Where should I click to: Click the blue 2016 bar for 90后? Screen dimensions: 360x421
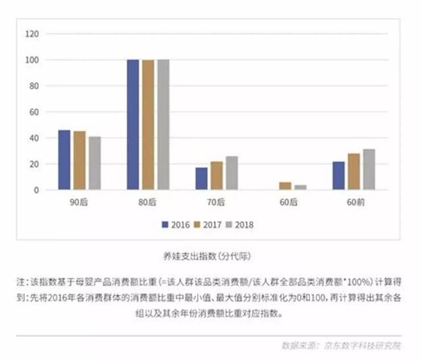click(x=64, y=160)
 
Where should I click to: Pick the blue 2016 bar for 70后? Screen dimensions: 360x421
click(x=201, y=179)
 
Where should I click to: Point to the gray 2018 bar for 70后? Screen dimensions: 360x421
click(x=232, y=173)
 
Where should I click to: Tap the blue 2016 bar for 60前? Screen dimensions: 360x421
click(x=339, y=176)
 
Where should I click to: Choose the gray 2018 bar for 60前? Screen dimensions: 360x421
click(x=369, y=170)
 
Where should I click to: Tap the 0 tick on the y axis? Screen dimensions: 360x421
click(x=37, y=190)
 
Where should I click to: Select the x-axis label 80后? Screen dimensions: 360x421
click(x=148, y=201)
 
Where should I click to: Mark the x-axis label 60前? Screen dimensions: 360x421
click(x=354, y=201)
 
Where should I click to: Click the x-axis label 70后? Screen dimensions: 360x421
click(x=216, y=201)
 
